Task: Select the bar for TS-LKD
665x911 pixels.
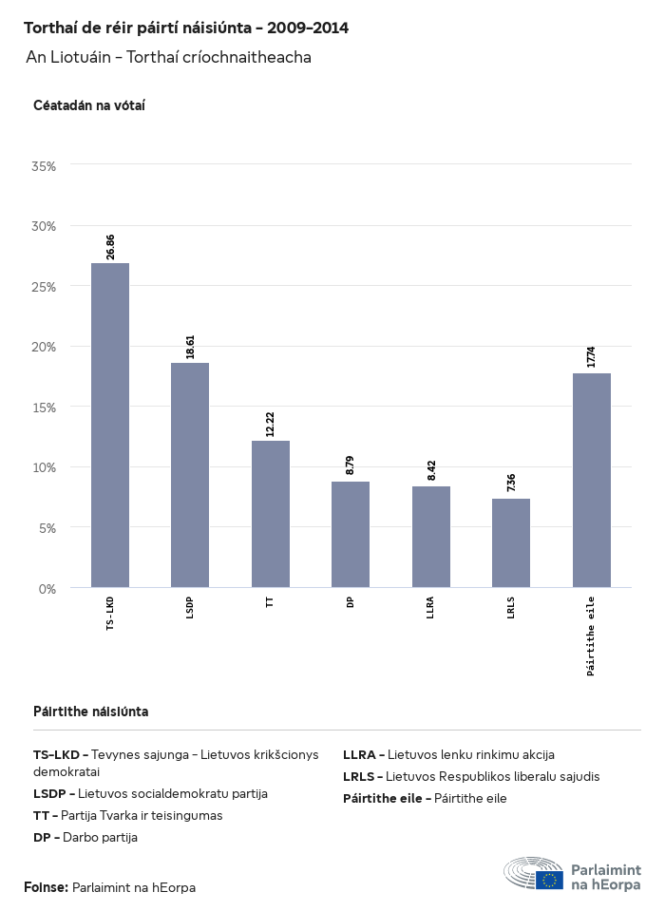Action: click(x=110, y=426)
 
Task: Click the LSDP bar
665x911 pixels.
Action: click(x=190, y=475)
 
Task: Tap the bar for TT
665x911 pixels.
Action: click(x=271, y=514)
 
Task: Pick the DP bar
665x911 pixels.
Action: click(x=351, y=535)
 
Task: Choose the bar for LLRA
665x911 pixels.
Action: click(x=431, y=537)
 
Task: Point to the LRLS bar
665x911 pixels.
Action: click(x=511, y=543)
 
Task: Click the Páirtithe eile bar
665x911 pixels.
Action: click(x=592, y=481)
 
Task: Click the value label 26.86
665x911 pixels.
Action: click(x=111, y=247)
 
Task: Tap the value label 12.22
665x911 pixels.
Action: click(x=271, y=425)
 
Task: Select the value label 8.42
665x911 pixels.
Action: click(x=431, y=470)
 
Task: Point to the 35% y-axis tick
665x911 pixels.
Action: click(x=45, y=166)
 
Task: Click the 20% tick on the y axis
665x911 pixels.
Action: click(x=45, y=347)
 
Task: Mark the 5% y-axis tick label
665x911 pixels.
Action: click(x=47, y=527)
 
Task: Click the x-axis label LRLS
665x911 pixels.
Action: click(x=511, y=609)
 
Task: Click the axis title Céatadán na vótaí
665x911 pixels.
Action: click(x=89, y=105)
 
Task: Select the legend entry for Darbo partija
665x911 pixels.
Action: click(x=85, y=837)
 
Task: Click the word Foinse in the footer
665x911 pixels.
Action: click(x=46, y=887)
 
